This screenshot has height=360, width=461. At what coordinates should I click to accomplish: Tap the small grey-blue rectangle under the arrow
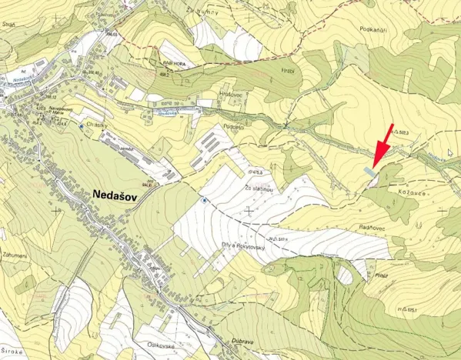pyautogui.click(x=371, y=173)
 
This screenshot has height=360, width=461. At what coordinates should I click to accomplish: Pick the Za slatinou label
pyautogui.click(x=259, y=188)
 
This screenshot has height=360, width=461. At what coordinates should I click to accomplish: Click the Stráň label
pyautogui.click(x=9, y=25)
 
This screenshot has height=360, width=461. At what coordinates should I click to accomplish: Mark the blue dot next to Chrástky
pyautogui.click(x=82, y=125)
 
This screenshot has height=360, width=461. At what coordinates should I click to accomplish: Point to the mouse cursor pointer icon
pyautogui.click(x=451, y=152)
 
